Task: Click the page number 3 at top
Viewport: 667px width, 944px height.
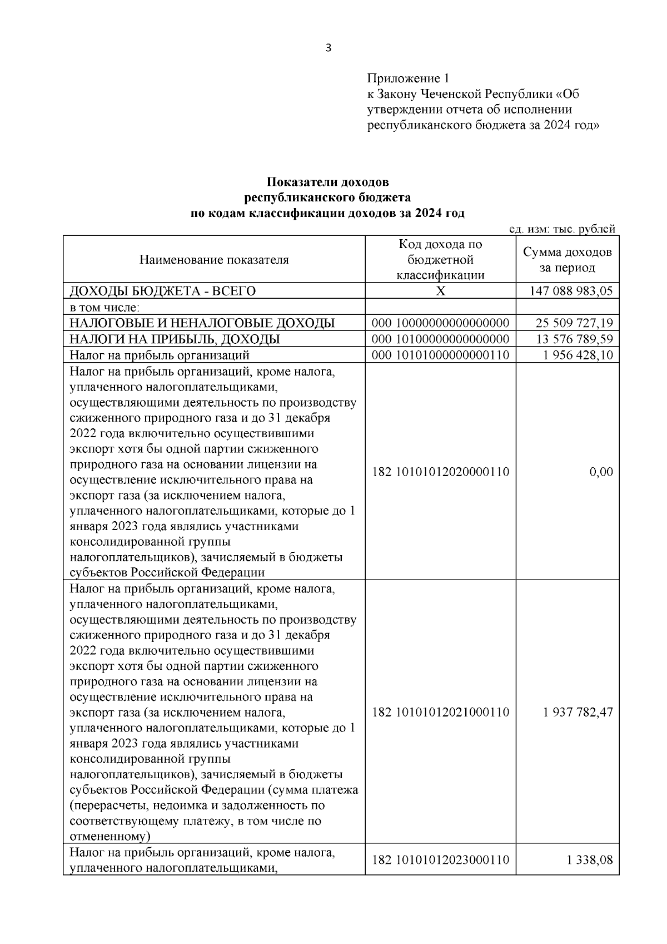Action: (x=328, y=48)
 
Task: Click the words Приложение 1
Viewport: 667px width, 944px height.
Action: (x=407, y=78)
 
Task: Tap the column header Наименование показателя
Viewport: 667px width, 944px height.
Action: (x=214, y=260)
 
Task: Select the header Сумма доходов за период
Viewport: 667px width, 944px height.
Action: (x=567, y=260)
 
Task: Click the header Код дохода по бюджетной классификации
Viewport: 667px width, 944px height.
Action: (x=440, y=260)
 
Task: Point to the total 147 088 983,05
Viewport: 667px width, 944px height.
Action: (x=571, y=291)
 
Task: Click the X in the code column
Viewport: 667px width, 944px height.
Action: (x=440, y=291)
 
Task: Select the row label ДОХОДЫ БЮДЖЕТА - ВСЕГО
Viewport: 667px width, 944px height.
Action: (x=162, y=291)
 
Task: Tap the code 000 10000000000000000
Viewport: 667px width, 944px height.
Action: (x=440, y=323)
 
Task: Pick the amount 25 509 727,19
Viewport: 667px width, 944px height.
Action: (x=574, y=323)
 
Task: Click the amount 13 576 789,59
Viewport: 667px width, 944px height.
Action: (x=574, y=339)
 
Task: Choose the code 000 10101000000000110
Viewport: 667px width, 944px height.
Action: (x=440, y=355)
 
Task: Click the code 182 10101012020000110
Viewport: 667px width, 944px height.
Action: (x=440, y=472)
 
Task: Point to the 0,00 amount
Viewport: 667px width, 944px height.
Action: (x=601, y=472)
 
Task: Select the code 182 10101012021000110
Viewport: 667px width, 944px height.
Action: (x=440, y=713)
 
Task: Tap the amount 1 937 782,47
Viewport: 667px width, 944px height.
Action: (x=578, y=713)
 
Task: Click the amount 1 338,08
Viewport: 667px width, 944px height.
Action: (x=590, y=876)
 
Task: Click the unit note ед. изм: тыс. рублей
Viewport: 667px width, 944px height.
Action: (x=562, y=229)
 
